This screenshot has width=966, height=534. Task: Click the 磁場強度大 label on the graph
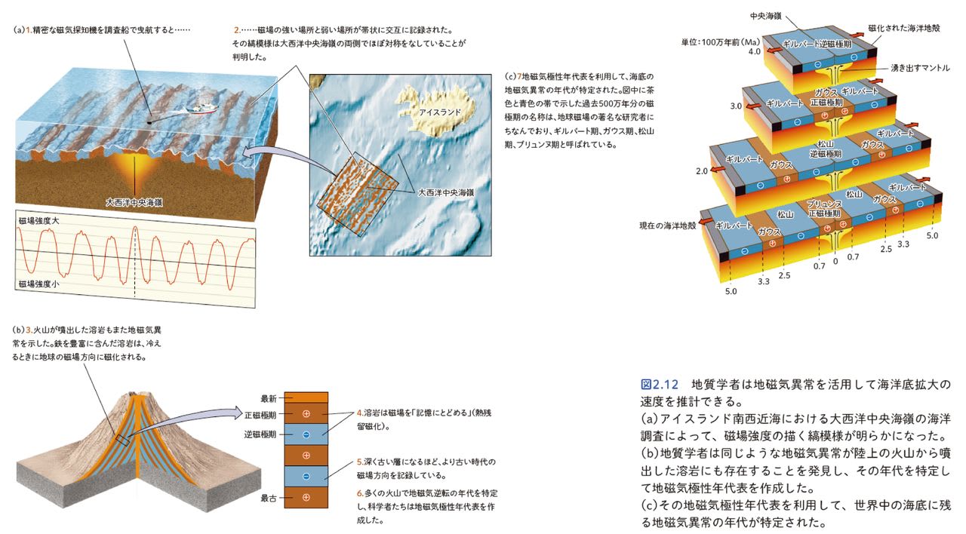(x=38, y=221)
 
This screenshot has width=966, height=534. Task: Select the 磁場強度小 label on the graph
(x=38, y=284)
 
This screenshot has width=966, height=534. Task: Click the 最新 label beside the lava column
(x=269, y=398)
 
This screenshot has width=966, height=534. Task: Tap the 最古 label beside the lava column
(x=269, y=498)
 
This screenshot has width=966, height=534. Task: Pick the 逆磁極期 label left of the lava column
(x=260, y=434)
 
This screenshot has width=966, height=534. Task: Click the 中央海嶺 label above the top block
(x=766, y=15)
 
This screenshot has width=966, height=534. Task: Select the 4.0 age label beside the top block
(x=754, y=53)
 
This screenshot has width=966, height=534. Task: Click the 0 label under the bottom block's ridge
(x=835, y=261)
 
